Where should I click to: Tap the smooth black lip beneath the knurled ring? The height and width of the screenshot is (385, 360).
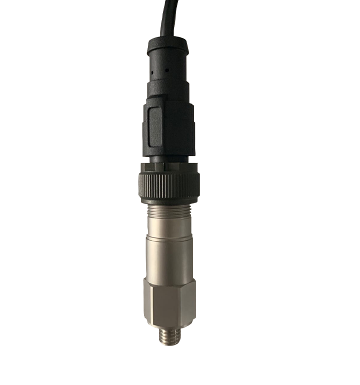pos(168,200)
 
